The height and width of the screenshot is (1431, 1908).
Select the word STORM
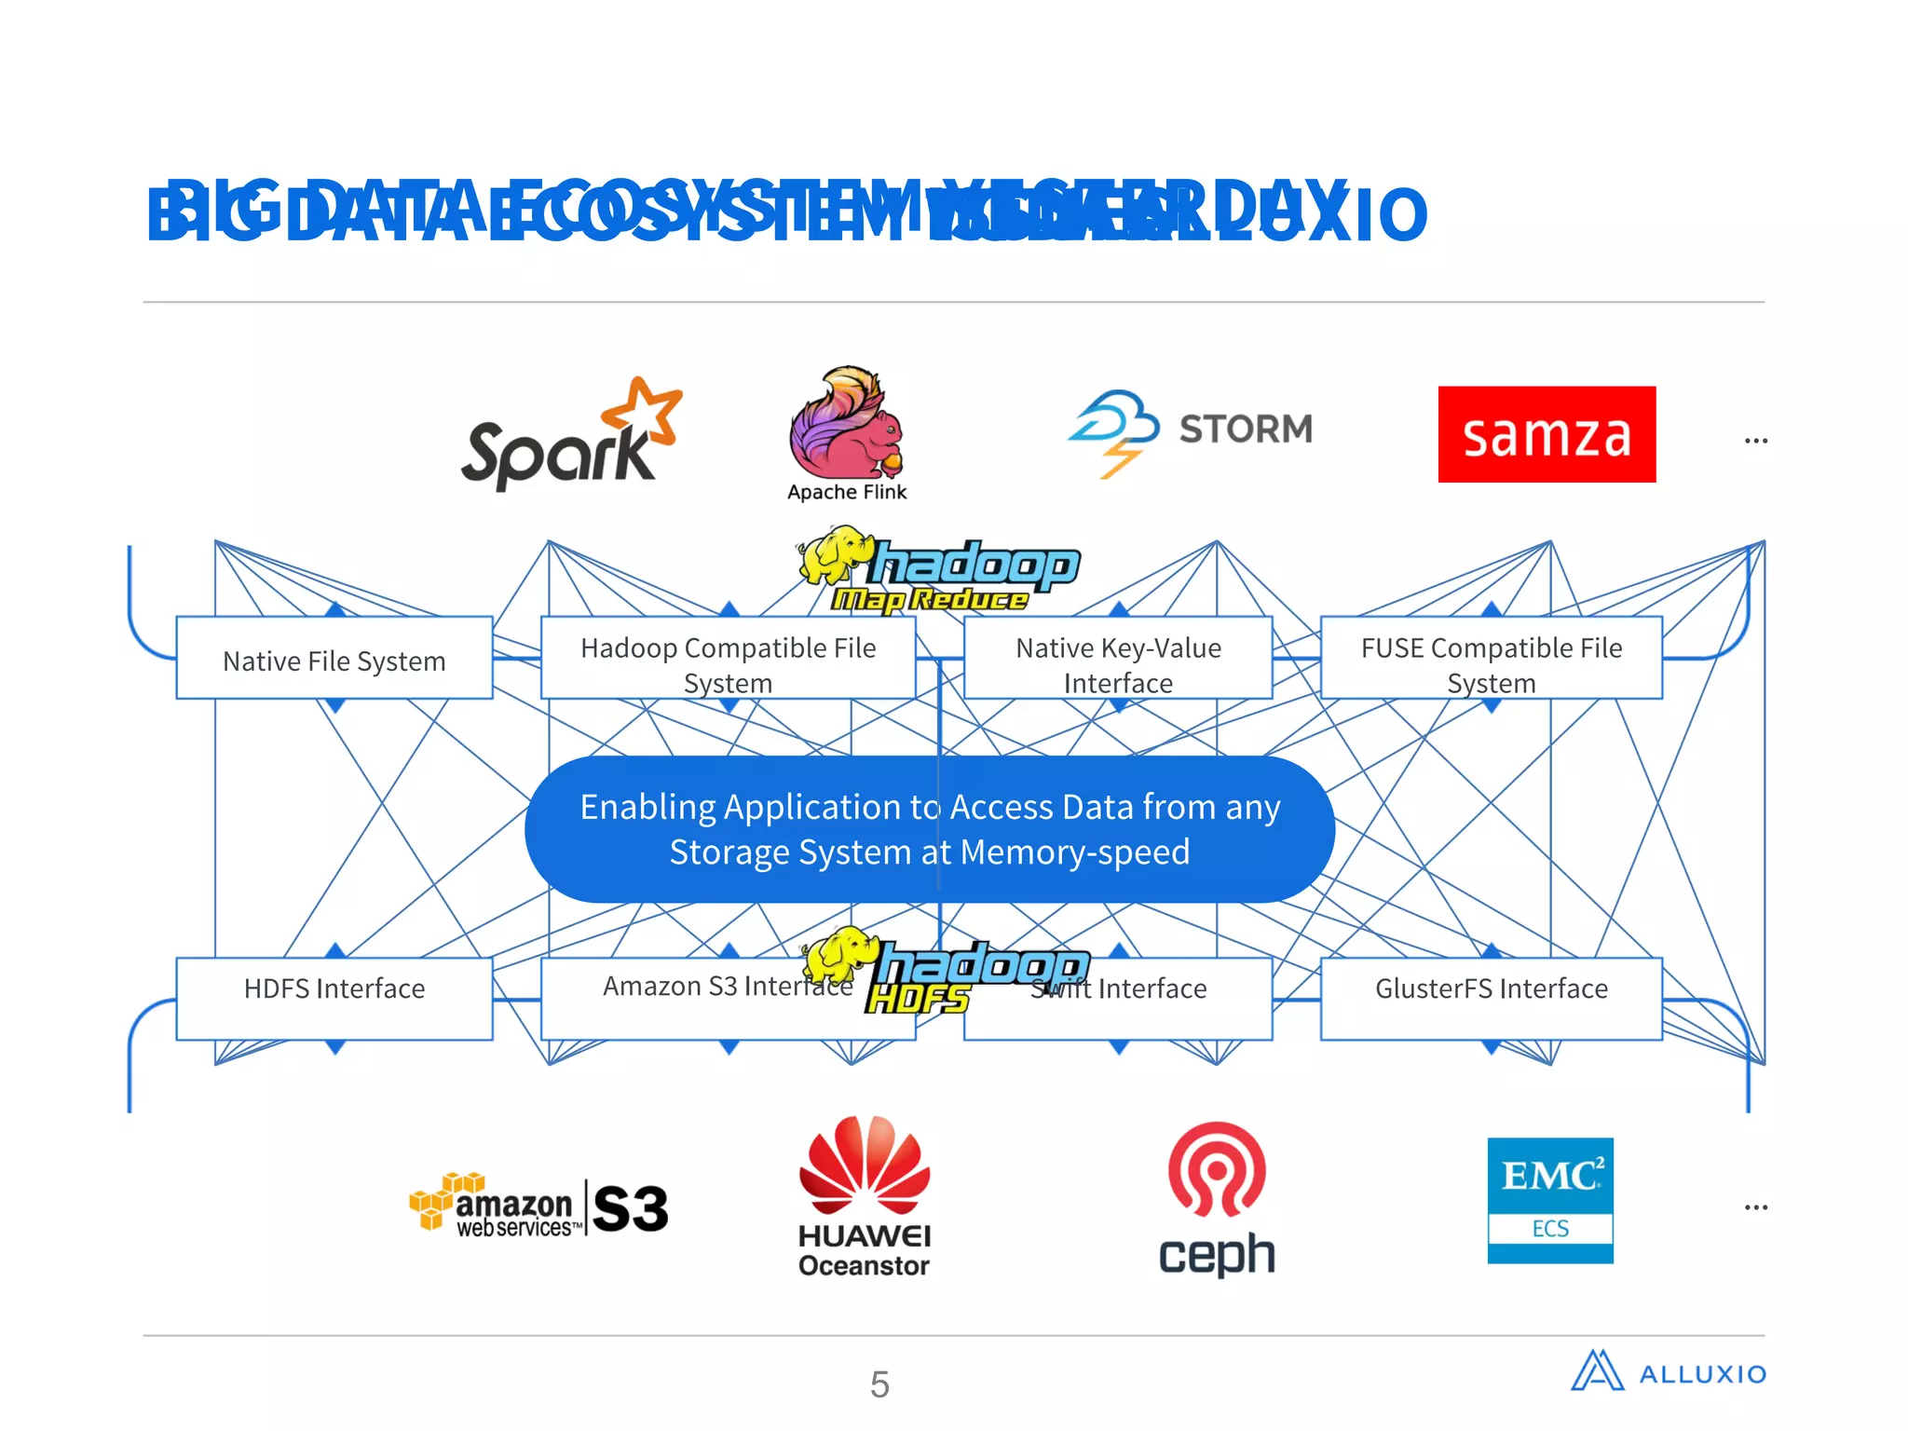[x=1246, y=429]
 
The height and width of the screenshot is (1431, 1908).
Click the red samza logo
[x=1547, y=434]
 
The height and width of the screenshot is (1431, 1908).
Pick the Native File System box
[x=334, y=660]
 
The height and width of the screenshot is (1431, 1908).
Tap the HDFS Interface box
[x=334, y=989]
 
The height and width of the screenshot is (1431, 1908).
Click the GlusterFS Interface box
[x=1491, y=989]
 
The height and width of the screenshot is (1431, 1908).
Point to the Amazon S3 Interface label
[x=708, y=987]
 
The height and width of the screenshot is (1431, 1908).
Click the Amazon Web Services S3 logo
[x=538, y=1206]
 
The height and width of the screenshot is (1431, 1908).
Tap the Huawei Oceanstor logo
[x=864, y=1197]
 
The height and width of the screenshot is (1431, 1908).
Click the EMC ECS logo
[x=1550, y=1200]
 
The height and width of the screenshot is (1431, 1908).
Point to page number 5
[x=879, y=1384]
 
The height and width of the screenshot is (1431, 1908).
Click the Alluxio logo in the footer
[x=1668, y=1372]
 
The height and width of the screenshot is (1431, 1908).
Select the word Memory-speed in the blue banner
[x=1074, y=852]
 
